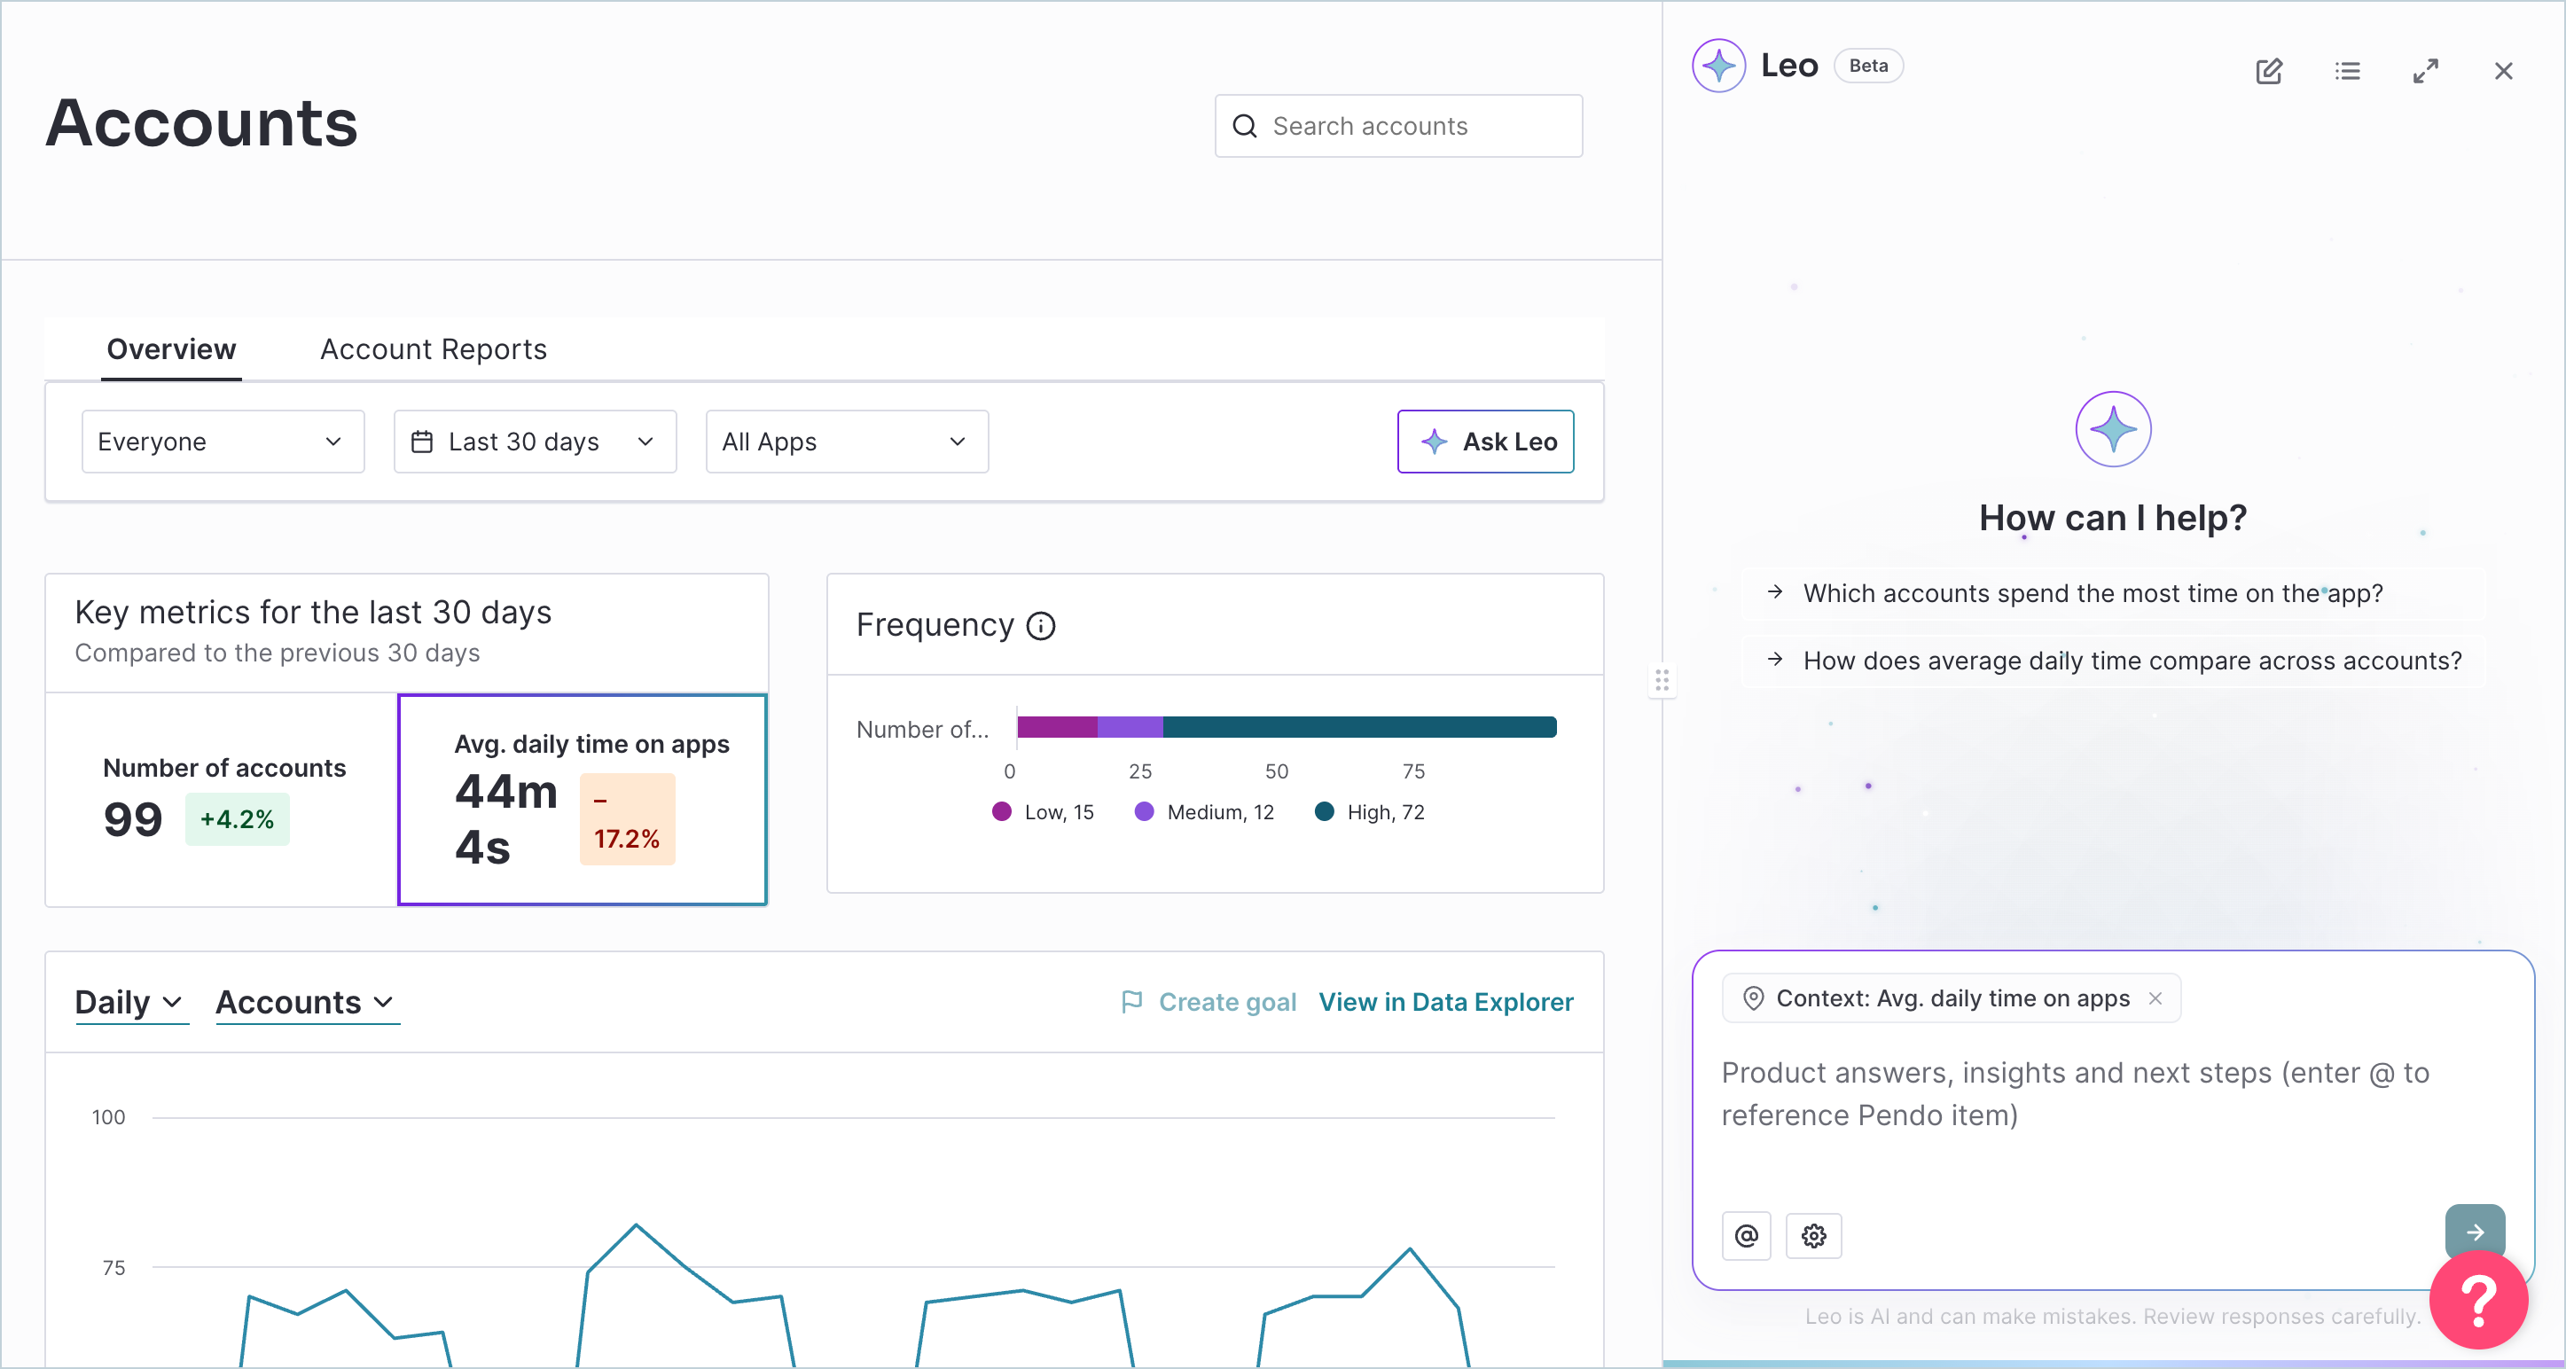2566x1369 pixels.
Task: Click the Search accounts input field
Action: click(1398, 127)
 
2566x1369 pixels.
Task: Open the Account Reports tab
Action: click(434, 349)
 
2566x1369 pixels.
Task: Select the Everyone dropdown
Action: click(223, 442)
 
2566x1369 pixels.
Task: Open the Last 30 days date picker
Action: click(535, 442)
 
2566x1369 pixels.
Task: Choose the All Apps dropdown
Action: click(847, 442)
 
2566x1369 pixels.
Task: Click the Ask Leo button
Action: click(1485, 442)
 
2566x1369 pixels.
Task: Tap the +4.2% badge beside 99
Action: click(237, 819)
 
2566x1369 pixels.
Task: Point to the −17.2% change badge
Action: click(628, 819)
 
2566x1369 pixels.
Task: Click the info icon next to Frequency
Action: click(1041, 626)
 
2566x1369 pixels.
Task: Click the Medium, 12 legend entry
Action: click(1204, 812)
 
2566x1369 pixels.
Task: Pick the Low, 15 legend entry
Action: click(1043, 812)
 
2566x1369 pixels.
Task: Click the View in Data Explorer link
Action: click(1446, 1002)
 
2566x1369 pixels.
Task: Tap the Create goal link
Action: click(1209, 1002)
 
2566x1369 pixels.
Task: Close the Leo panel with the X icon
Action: click(2503, 71)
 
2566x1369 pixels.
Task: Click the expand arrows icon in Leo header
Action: click(2426, 71)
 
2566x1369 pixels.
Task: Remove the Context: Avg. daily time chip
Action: click(2155, 998)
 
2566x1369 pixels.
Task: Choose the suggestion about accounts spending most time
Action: click(2093, 594)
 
